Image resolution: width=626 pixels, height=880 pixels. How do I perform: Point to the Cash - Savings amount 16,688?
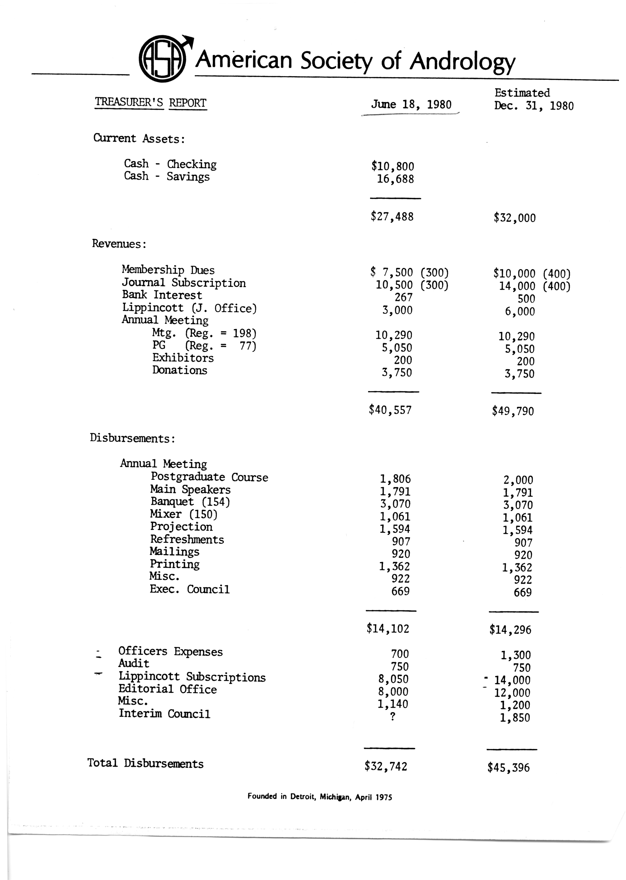[395, 179]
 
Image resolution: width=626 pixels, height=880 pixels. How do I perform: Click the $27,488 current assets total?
[392, 217]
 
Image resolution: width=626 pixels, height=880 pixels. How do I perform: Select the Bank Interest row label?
[162, 295]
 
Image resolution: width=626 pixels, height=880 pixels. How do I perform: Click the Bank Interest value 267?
[404, 298]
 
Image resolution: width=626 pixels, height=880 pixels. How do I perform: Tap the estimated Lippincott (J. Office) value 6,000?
[520, 311]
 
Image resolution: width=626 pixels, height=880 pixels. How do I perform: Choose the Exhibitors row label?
[183, 358]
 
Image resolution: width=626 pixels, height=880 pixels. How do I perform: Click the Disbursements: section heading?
[133, 439]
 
